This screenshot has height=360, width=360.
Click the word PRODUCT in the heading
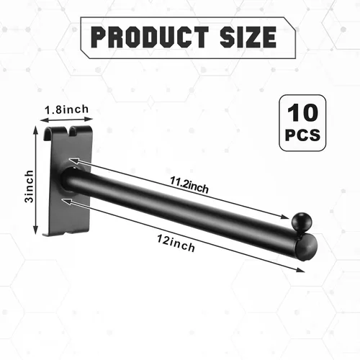150,37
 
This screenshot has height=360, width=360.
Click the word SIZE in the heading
248,37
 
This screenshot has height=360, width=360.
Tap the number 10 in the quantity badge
302,112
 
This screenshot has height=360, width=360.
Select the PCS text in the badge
302,135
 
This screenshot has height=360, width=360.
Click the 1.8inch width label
67,109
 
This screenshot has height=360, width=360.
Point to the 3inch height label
29,186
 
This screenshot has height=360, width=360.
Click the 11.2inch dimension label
189,185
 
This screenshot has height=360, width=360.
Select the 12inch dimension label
176,243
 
